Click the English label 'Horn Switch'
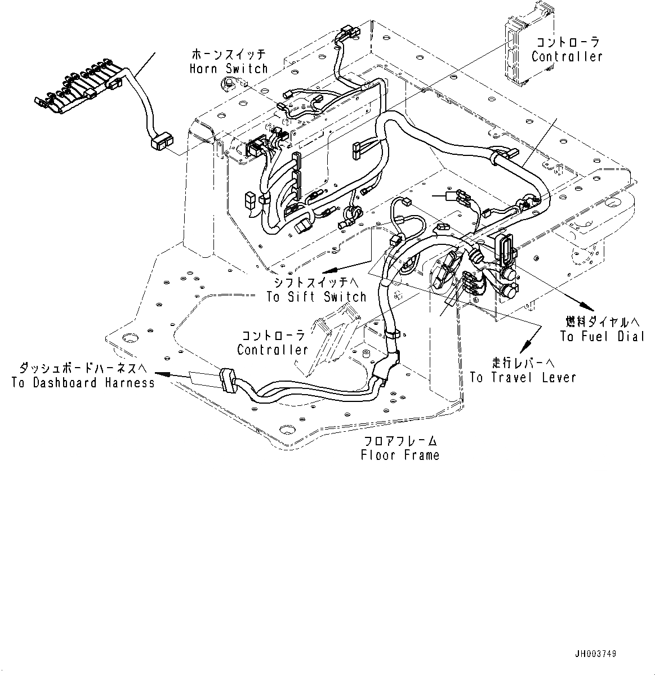(228, 69)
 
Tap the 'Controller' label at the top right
(567, 56)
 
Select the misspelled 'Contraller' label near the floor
(273, 350)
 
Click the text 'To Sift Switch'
(317, 297)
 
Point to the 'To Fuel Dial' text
(602, 336)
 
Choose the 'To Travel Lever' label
(523, 377)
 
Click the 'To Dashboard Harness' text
(83, 383)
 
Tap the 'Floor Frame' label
(400, 455)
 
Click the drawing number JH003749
(595, 654)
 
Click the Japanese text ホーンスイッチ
(228, 55)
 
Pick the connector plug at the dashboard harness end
(226, 380)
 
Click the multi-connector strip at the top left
(79, 90)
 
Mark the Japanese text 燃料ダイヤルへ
(603, 322)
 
